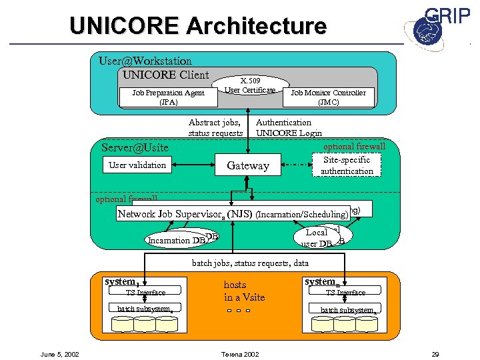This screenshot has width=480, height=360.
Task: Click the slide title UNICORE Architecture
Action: pos(198,26)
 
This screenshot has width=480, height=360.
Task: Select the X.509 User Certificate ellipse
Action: pos(249,85)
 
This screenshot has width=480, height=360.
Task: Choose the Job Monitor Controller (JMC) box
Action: pos(327,97)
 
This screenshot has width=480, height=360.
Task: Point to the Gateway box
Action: pos(248,165)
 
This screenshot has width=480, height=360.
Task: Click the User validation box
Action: pos(137,165)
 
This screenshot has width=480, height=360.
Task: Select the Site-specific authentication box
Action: pos(347,165)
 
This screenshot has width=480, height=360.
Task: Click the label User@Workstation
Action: pos(145,61)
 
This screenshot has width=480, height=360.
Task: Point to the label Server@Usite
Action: pos(135,147)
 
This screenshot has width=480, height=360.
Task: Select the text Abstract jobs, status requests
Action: pos(215,127)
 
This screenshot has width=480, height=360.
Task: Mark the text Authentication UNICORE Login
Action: pos(289,127)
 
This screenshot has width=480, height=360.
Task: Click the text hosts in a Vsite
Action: pos(244,291)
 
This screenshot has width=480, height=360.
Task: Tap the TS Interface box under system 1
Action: pos(145,292)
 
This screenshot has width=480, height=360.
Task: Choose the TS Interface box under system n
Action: pos(345,292)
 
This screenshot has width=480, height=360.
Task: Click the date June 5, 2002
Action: pos(61,353)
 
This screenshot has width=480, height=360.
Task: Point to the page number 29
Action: pos(436,353)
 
